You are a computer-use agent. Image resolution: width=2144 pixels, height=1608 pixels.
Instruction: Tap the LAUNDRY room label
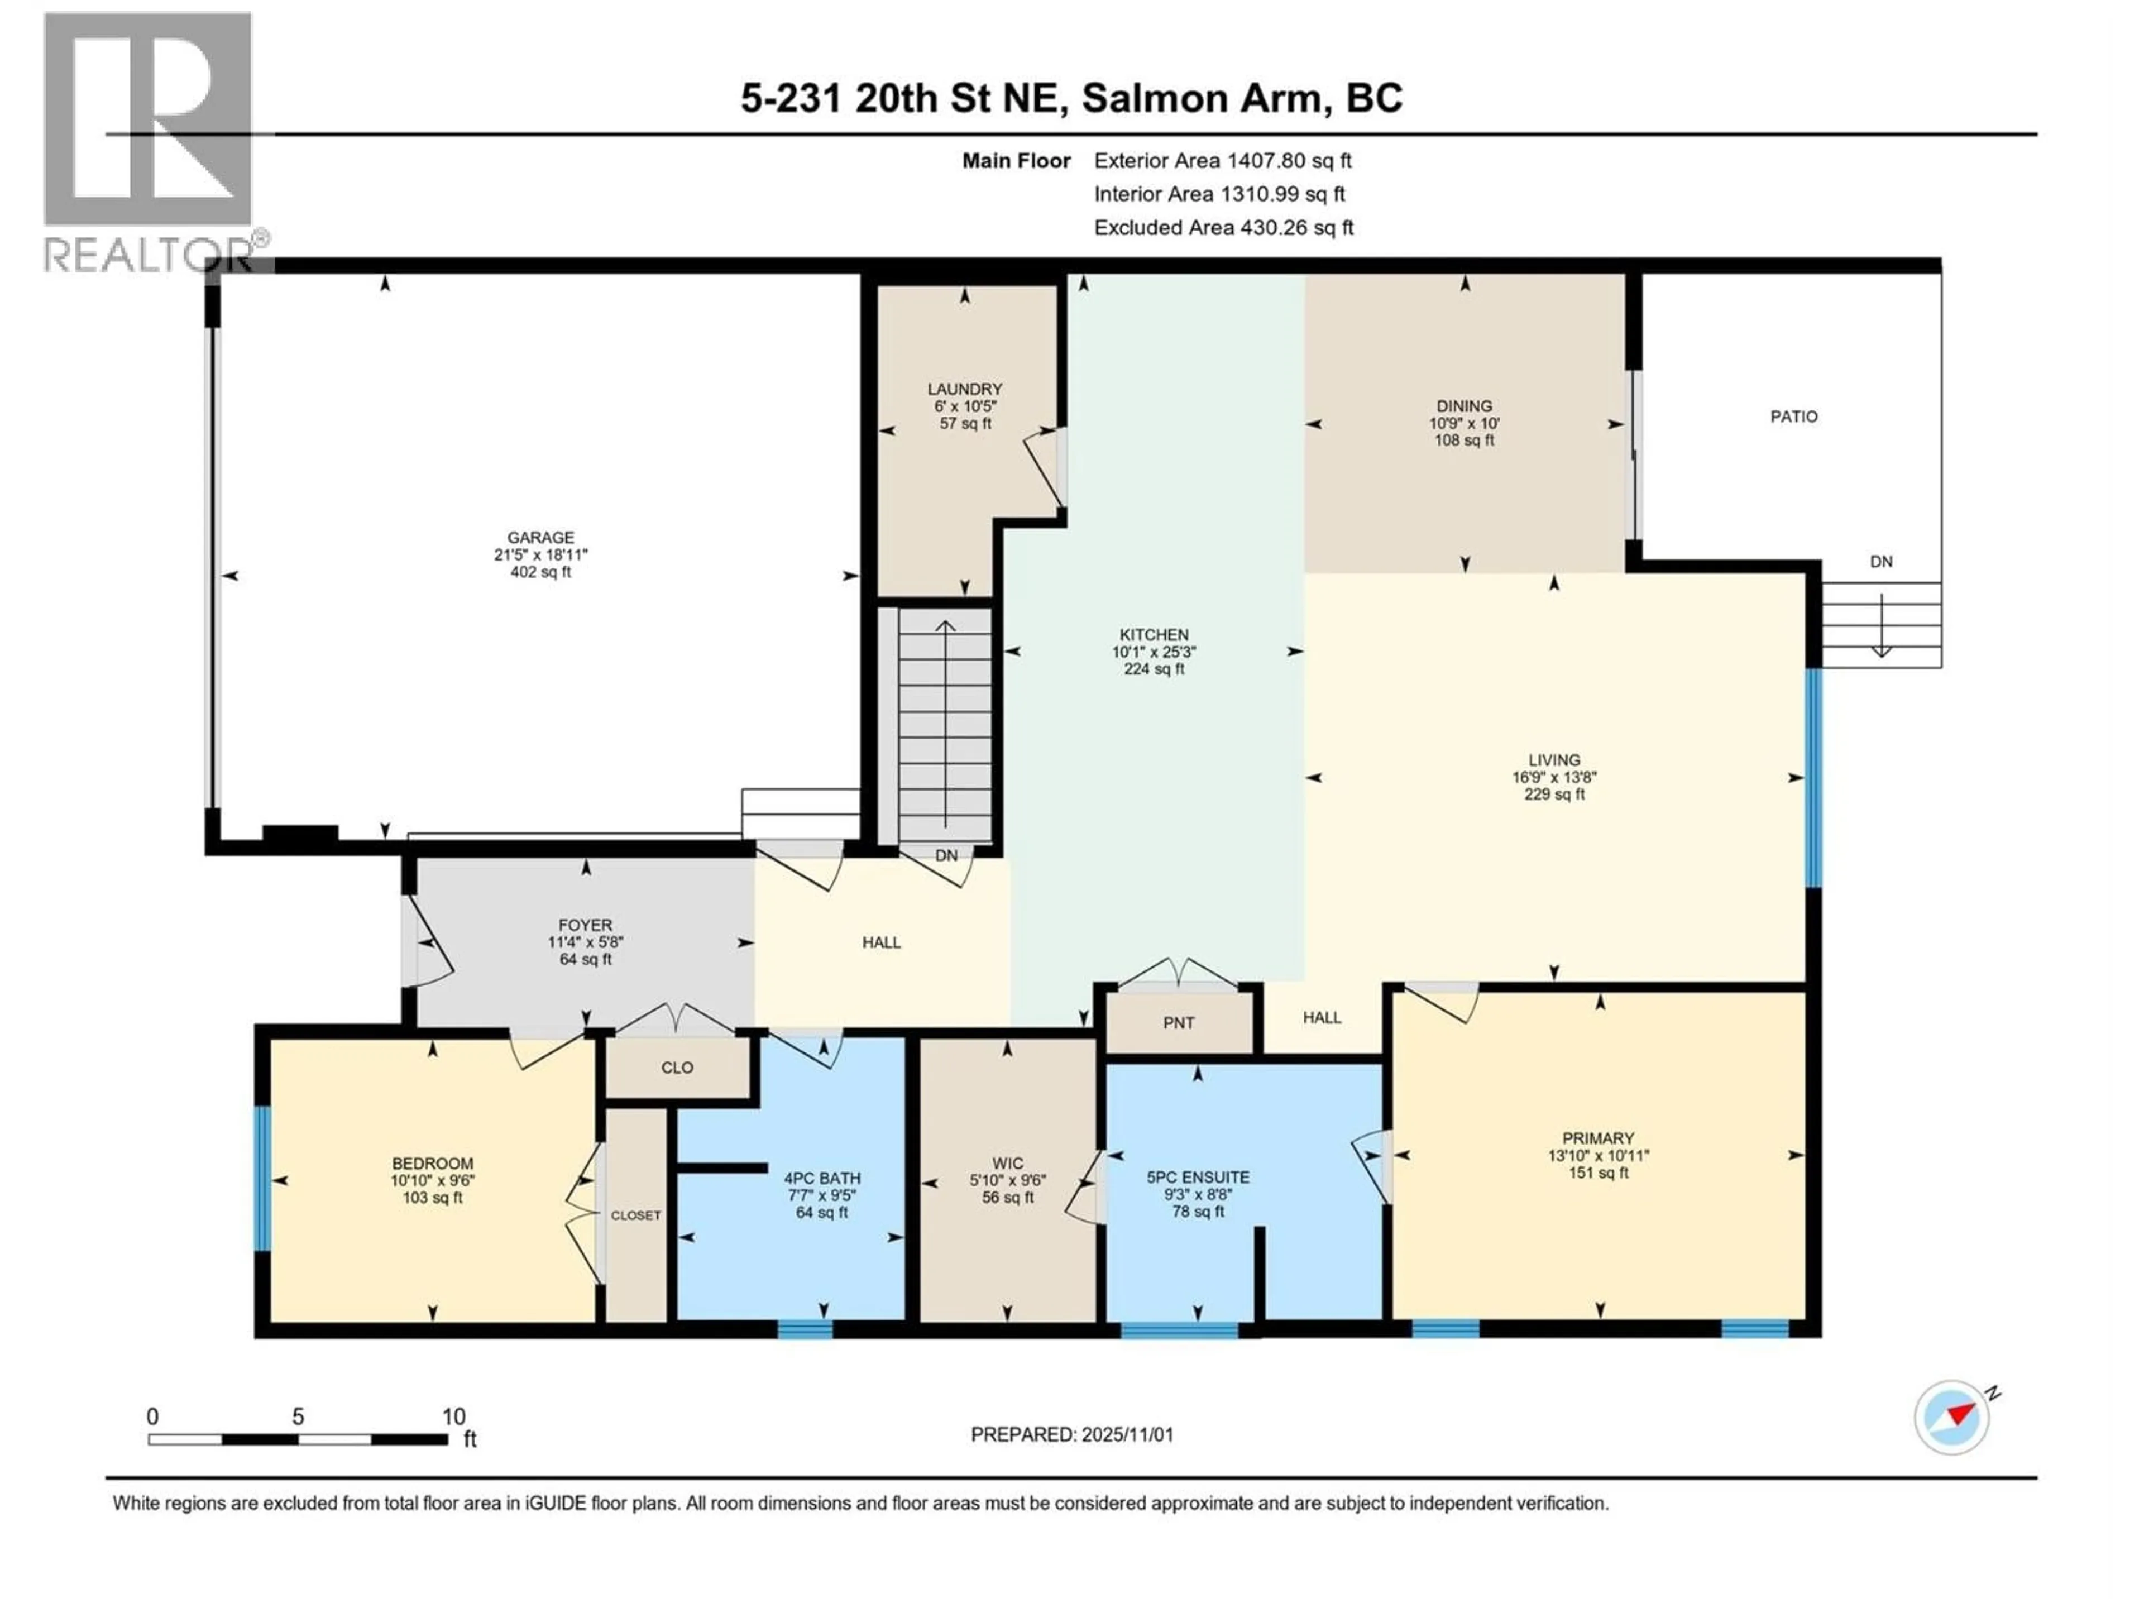[x=964, y=389]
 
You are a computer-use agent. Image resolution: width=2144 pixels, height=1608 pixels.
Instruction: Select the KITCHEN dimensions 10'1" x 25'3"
[x=1154, y=652]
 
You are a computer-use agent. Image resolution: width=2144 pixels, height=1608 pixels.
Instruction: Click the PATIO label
[x=1793, y=417]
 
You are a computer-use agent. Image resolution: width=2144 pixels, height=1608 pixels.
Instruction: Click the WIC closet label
[x=1007, y=1163]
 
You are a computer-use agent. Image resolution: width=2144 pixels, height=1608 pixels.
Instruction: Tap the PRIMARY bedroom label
[x=1597, y=1138]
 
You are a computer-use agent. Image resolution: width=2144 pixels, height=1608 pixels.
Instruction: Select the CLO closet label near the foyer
[x=677, y=1067]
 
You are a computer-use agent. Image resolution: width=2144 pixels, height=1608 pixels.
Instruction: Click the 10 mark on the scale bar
[x=453, y=1417]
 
